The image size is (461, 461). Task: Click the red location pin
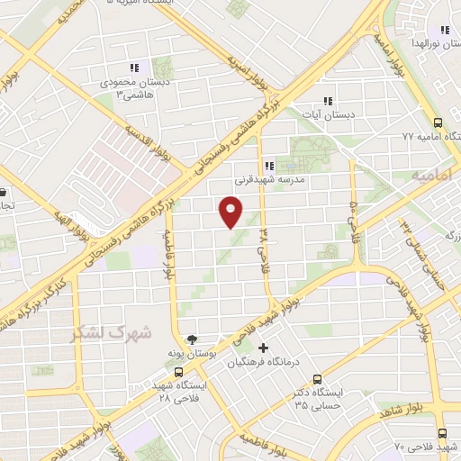click(x=230, y=212)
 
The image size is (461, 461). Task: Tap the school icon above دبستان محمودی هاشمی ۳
click(x=135, y=68)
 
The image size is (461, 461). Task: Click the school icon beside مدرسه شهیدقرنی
click(x=268, y=165)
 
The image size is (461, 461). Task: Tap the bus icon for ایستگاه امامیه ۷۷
click(x=438, y=123)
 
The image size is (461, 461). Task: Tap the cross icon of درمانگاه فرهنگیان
click(x=263, y=348)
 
